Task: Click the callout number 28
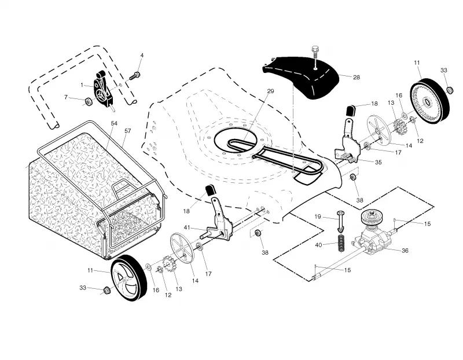[x=357, y=77]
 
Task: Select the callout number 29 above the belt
[x=270, y=91]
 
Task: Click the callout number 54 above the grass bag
[x=114, y=123]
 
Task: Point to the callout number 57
[x=127, y=131]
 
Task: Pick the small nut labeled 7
[x=89, y=102]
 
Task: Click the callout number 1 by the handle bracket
[x=82, y=85]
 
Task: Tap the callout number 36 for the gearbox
[x=405, y=251]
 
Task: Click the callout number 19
[x=317, y=216]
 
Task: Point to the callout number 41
[x=187, y=227]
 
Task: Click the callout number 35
[x=379, y=162]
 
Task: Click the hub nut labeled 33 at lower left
[x=106, y=290]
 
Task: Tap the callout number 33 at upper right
[x=443, y=70]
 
